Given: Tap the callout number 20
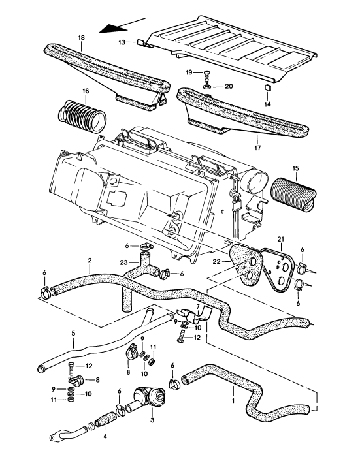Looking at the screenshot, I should click(227, 85).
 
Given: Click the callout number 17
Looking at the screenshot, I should click(257, 139).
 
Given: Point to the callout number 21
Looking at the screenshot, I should click(280, 239).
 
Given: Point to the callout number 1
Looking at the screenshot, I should click(234, 395).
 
